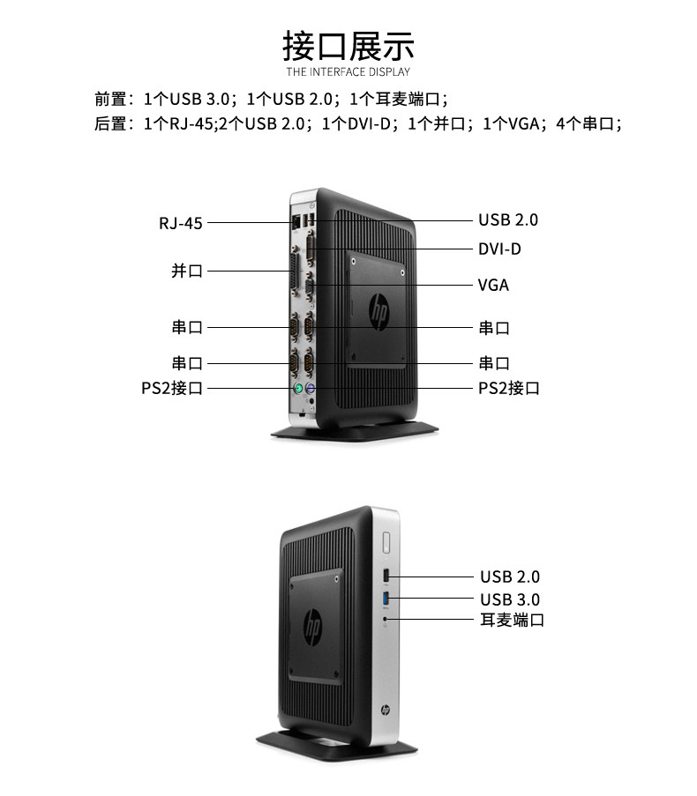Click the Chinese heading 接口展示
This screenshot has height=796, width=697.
pos(348,45)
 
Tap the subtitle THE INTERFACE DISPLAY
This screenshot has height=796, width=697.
pos(348,71)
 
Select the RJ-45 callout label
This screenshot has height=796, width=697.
pos(181,223)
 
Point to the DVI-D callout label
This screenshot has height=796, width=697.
pos(499,249)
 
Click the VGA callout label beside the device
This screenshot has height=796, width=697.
pos(493,285)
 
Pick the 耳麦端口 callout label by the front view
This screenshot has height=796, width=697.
pos(512,620)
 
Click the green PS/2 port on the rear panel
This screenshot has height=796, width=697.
pos(298,388)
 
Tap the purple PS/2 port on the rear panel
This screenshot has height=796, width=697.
pos(311,389)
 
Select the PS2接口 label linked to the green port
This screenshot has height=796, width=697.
pos(172,388)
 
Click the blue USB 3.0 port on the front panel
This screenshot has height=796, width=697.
pos(386,599)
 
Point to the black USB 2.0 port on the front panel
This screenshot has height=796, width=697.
pos(386,577)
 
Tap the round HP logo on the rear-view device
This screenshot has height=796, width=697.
pos(379,310)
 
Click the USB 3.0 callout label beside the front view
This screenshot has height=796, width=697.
pos(510,599)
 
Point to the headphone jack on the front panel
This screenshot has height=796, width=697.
pos(386,619)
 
